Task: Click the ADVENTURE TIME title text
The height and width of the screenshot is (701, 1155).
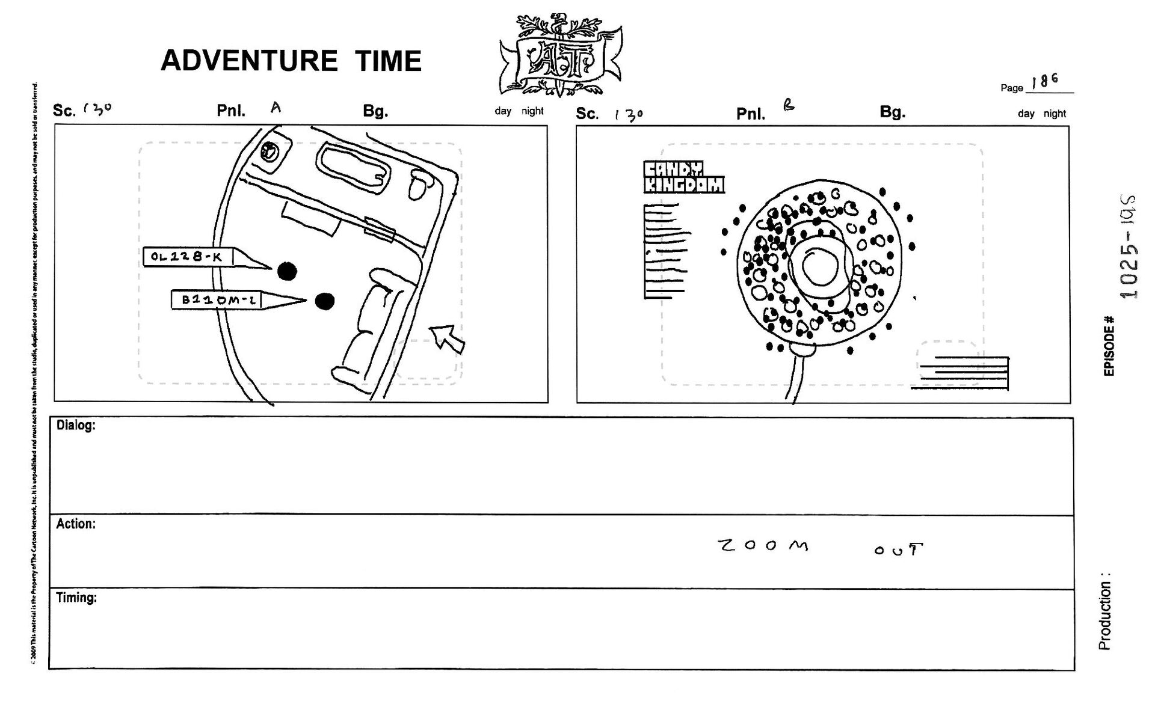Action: [291, 61]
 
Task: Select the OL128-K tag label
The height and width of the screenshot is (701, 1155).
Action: [188, 257]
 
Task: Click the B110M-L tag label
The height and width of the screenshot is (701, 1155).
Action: [217, 299]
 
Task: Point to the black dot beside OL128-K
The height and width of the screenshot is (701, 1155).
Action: [288, 271]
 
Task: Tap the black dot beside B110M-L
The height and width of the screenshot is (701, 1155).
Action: [325, 301]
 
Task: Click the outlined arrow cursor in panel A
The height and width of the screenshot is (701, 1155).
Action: [446, 338]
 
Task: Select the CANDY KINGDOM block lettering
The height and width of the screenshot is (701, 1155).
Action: [683, 177]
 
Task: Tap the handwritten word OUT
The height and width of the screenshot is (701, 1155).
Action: [898, 549]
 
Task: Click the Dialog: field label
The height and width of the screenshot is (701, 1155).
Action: [76, 426]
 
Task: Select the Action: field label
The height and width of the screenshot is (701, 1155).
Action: [76, 524]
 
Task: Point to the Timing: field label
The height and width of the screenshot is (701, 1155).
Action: [76, 598]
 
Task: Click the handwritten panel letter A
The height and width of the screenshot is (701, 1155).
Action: [276, 108]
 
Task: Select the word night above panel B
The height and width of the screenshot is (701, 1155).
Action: [1055, 114]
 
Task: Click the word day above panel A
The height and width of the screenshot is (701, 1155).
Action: [503, 111]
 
